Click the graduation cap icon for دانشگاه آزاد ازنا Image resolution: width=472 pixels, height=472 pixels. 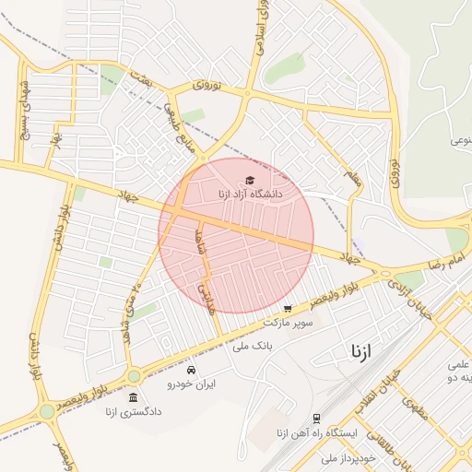(x=249, y=181)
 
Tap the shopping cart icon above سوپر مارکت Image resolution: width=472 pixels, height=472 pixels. (x=288, y=309)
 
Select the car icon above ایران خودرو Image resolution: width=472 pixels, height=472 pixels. (x=191, y=370)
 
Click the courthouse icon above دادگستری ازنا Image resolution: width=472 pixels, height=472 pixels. (x=134, y=397)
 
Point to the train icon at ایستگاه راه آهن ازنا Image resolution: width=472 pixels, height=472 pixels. (x=316, y=418)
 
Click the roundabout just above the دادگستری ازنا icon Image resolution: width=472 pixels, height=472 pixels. (x=134, y=376)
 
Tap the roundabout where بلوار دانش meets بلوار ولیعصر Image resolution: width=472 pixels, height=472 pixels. (x=46, y=411)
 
